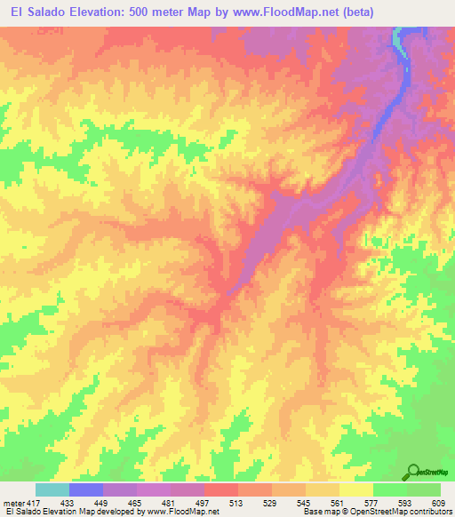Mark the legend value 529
click(x=271, y=502)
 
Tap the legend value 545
click(x=305, y=502)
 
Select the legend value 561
click(x=339, y=502)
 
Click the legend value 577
click(x=372, y=502)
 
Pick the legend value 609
click(x=438, y=502)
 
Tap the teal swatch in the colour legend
click(x=52, y=489)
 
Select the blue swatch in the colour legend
click(x=86, y=489)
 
